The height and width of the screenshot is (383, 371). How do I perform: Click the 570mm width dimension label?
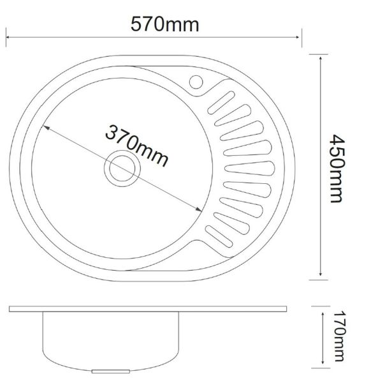(165, 24)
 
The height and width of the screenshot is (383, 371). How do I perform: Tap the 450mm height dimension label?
(337, 169)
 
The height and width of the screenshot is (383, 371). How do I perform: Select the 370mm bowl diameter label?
(136, 146)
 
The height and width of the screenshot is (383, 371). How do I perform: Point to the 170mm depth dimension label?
(339, 336)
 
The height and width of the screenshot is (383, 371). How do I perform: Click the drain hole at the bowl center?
(122, 169)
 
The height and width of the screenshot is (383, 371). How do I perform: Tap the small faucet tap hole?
(196, 82)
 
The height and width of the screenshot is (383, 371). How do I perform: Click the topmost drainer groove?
(221, 103)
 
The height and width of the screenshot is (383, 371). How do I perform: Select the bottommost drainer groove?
(219, 236)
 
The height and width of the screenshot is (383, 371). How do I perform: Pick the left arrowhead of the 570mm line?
(8, 37)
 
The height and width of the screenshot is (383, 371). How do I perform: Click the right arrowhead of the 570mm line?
(297, 37)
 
